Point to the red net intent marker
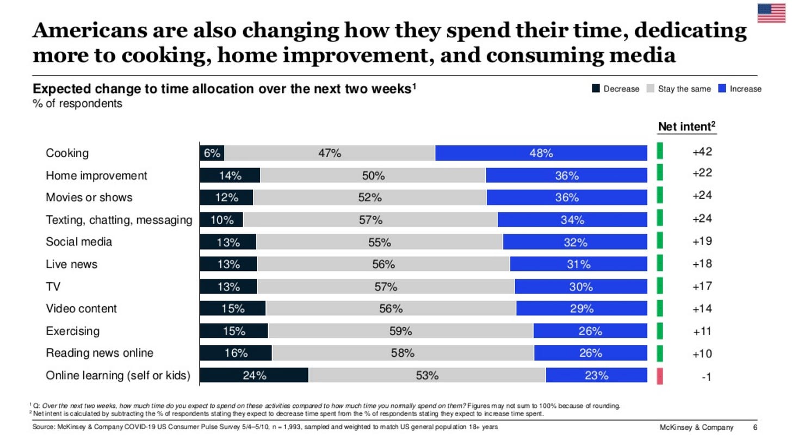660,376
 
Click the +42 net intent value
702,152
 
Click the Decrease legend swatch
595,89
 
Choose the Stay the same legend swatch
649,89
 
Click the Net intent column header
686,126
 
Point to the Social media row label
79,241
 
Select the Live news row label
71,264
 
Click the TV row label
53,287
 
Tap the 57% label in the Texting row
370,220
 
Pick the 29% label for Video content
581,309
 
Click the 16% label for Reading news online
236,354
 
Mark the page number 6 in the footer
755,427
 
